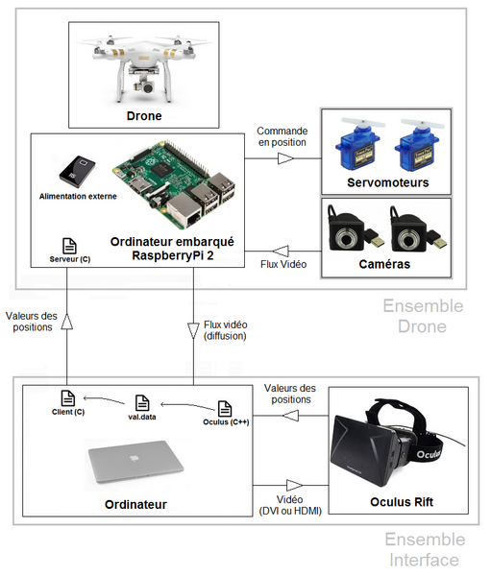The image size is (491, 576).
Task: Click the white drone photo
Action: click(144, 65)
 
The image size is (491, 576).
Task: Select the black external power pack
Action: click(74, 172)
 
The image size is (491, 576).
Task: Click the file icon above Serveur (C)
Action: click(69, 246)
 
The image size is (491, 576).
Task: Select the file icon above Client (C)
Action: click(67, 397)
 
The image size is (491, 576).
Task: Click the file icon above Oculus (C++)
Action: click(225, 408)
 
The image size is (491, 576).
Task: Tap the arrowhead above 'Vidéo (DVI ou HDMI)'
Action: click(293, 485)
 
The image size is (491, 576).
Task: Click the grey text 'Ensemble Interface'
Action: click(422, 550)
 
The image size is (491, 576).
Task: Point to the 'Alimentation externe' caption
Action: click(79, 196)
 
